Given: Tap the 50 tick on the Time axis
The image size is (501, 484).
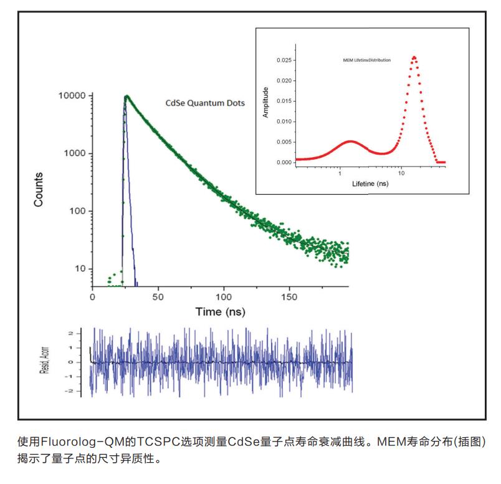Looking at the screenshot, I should [x=158, y=297].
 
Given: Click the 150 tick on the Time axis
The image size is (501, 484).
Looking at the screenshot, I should [x=290, y=297].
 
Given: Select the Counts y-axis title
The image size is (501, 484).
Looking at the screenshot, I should [x=39, y=190].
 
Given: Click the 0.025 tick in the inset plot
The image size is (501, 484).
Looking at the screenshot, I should [x=284, y=60].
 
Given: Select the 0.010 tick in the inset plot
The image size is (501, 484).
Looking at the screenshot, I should [x=284, y=121].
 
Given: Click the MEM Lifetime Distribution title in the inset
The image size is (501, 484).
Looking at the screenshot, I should [x=367, y=60].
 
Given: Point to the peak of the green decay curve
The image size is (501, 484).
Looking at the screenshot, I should [x=126, y=96].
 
